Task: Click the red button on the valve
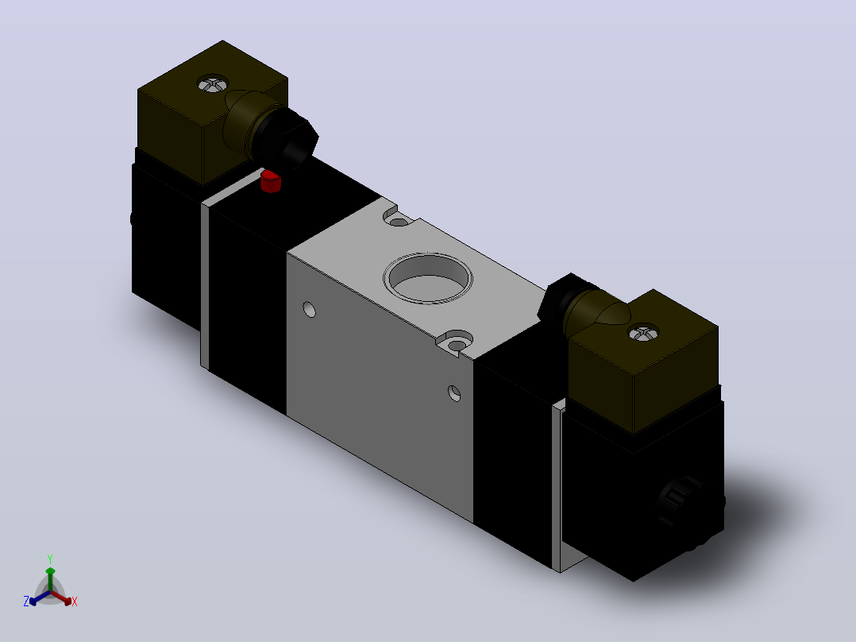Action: click(x=270, y=181)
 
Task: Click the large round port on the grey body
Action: click(x=428, y=277)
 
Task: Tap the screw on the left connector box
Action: click(x=212, y=83)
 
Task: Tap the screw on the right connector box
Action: click(x=644, y=332)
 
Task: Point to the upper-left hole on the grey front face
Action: click(x=310, y=309)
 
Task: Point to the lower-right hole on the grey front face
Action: click(x=454, y=393)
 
